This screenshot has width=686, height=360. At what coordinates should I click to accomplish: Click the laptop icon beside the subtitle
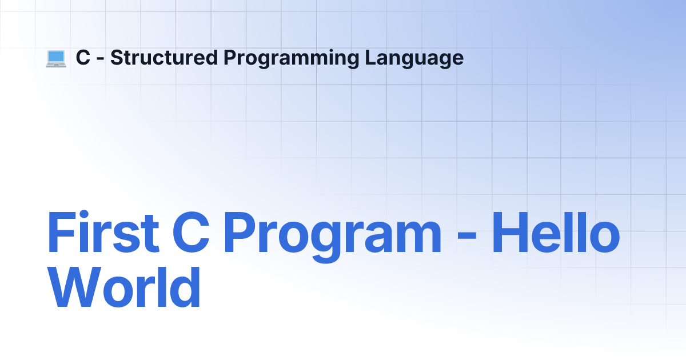pos(56,59)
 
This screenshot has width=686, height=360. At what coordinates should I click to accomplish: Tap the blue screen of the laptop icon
pos(56,57)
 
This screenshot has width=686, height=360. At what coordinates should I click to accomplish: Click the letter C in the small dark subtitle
pos(83,58)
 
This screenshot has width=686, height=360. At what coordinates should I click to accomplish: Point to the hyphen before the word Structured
pos(100,59)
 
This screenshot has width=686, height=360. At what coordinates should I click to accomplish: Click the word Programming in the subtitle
pos(291,58)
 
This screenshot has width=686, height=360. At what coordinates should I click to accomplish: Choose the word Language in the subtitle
pos(414,58)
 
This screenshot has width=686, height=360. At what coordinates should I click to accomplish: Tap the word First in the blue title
pos(103,232)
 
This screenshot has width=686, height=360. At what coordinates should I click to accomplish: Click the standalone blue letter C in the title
pos(191,232)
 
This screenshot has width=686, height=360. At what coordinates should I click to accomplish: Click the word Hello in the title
pos(556,232)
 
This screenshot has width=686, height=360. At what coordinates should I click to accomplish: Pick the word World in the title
pos(124,286)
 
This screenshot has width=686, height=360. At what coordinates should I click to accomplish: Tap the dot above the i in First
pos(84,214)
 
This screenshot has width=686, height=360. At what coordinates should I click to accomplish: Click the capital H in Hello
pos(509,232)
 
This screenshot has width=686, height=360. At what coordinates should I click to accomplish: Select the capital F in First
pos(62,232)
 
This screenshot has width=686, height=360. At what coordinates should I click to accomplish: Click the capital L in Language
pos(371,58)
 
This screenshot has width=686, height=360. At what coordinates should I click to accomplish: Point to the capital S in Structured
pos(117,58)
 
